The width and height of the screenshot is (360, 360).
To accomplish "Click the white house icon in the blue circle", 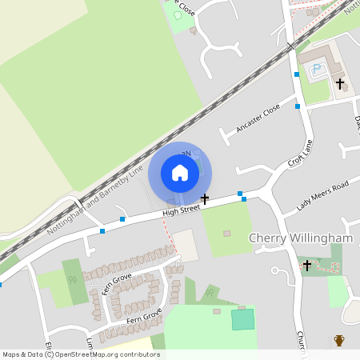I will point(180,173).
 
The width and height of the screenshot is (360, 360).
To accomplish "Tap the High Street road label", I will point(180,210).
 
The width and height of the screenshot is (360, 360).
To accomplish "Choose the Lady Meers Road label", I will point(322,195).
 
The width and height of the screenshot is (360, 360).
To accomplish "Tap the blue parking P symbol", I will point(318,70).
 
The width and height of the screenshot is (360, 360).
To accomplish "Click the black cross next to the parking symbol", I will point(339,82).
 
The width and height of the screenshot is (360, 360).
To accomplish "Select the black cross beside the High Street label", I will point(205,198).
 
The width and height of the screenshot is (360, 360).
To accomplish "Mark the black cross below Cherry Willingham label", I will point(306,265).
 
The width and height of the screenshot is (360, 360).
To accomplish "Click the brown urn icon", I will point(339,341).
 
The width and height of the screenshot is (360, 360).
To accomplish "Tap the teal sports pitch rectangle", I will point(242,320).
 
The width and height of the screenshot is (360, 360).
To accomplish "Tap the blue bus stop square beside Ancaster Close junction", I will point(298,106).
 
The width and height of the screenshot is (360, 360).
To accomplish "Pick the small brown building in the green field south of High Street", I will point(226,234).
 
